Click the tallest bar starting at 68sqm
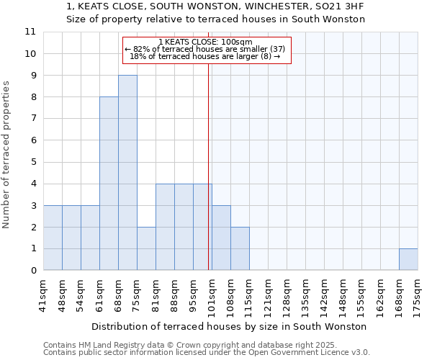[x=127, y=173]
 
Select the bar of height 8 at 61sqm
[x=109, y=184]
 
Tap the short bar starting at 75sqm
[x=146, y=248]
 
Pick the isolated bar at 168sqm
[x=408, y=259]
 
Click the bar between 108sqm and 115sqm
[x=240, y=248]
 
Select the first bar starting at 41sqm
[x=53, y=238]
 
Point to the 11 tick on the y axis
[x=30, y=32]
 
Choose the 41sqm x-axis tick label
[x=43, y=295]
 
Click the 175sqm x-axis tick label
[x=418, y=295]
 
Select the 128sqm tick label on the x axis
[x=287, y=295]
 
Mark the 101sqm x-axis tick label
[x=212, y=295]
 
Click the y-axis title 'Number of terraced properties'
[x=7, y=155]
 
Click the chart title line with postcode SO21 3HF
[x=215, y=6]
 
